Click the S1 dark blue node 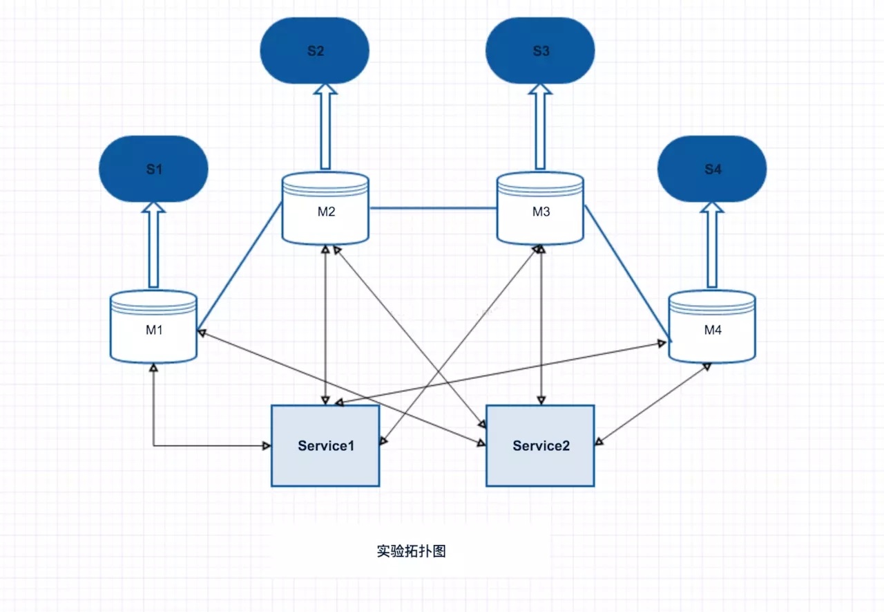click(x=153, y=169)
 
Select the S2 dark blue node click(x=314, y=50)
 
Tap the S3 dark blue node click(x=540, y=50)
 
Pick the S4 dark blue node click(x=712, y=169)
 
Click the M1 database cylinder click(x=153, y=326)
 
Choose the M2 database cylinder click(x=325, y=208)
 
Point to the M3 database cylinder click(x=540, y=208)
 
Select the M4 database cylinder click(x=712, y=326)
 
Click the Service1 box click(x=325, y=445)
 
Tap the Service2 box click(x=540, y=445)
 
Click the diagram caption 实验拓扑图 click(x=411, y=550)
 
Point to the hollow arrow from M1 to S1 click(x=153, y=245)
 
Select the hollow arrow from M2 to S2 click(x=325, y=127)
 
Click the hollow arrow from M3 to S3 click(x=540, y=127)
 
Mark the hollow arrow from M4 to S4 click(x=712, y=245)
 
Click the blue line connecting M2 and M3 click(x=433, y=208)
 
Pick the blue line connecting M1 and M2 click(x=240, y=266)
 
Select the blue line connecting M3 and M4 click(x=628, y=273)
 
